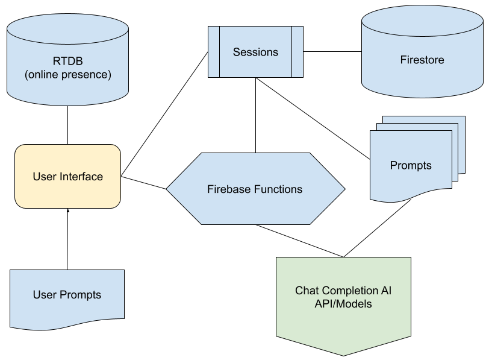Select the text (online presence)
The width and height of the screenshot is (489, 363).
click(67, 75)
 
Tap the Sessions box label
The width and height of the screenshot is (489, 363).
click(255, 52)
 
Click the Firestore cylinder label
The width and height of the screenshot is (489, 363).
click(422, 60)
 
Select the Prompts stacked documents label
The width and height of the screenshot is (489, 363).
click(411, 165)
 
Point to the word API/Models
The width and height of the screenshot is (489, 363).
click(343, 304)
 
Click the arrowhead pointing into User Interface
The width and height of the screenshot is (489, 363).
click(68, 211)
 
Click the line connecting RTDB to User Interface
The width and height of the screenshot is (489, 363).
click(67, 125)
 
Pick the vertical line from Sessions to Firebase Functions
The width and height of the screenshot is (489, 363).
click(256, 115)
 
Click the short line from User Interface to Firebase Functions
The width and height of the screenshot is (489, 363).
click(144, 183)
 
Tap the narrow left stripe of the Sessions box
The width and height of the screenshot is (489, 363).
click(213, 52)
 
